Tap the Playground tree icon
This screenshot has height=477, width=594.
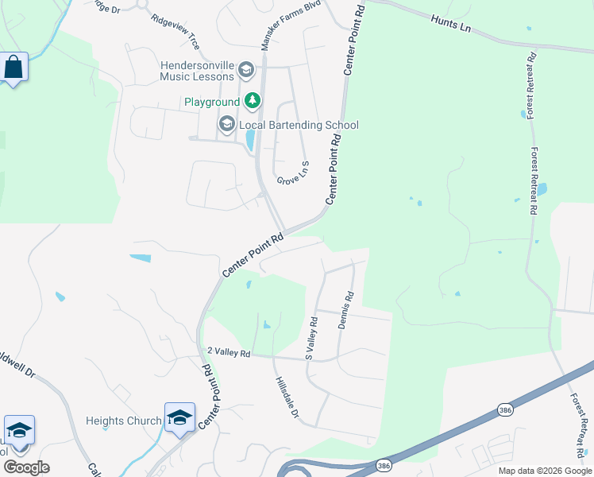click(253, 100)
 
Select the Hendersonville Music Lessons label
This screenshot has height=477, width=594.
click(197, 71)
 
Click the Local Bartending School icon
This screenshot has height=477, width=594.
click(226, 124)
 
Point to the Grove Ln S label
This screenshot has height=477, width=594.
click(293, 174)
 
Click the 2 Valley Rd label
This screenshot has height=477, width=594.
click(229, 352)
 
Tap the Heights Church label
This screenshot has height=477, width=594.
click(123, 421)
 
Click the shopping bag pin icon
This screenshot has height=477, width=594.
click(14, 68)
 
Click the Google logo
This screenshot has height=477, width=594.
click(27, 467)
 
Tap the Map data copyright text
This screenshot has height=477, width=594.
click(546, 471)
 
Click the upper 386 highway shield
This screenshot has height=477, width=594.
click(504, 409)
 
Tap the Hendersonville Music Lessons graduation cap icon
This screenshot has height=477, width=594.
click(245, 71)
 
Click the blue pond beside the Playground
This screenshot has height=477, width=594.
click(251, 140)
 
